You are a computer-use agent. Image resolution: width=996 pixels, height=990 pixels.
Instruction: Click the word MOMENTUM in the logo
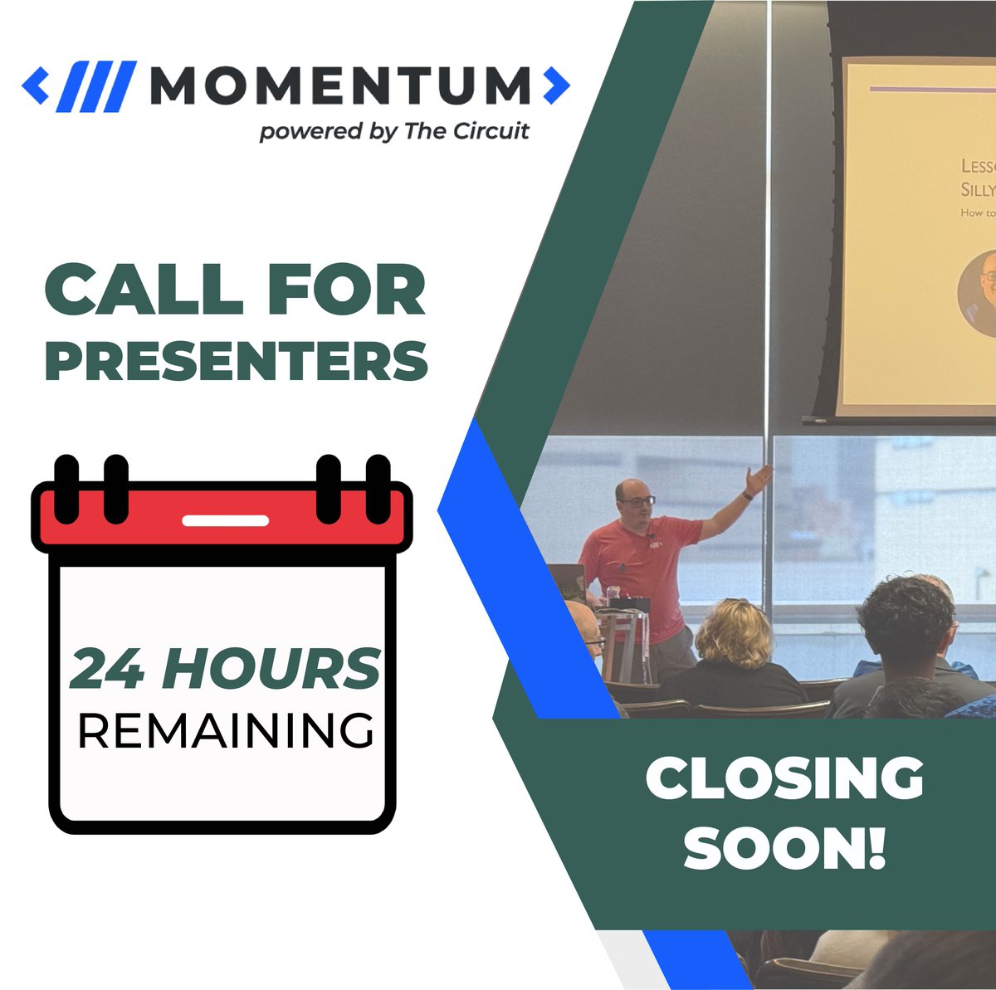tap(340, 85)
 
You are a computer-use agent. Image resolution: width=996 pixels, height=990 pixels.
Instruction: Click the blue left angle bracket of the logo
tap(36, 85)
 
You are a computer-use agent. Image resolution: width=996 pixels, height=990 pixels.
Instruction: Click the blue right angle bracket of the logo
tap(556, 85)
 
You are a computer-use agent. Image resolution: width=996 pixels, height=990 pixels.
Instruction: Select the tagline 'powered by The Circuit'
tap(394, 132)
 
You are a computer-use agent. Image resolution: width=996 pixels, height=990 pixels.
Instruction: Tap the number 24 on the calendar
tap(106, 670)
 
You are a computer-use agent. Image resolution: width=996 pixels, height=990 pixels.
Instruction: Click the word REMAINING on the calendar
tap(225, 730)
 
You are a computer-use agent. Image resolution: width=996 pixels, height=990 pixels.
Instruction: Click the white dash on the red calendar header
tap(225, 521)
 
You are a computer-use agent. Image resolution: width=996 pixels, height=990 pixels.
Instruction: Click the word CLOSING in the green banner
tap(784, 780)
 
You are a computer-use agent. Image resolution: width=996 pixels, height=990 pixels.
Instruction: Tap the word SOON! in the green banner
tap(784, 848)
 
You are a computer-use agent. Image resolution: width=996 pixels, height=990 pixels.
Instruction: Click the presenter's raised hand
tap(758, 480)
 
